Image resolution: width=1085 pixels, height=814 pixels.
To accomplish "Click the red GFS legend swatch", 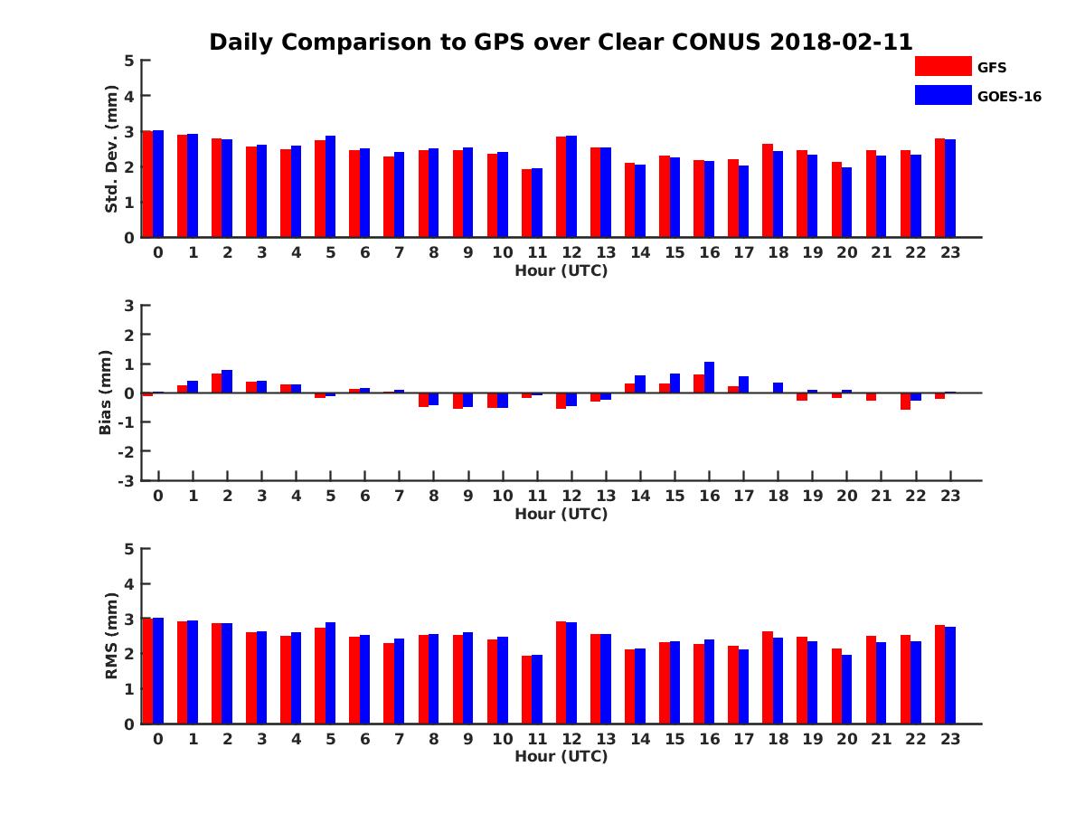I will [x=942, y=67].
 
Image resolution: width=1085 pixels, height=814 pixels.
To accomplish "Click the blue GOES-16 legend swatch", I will [x=942, y=95].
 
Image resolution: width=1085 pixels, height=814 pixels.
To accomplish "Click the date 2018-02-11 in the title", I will [x=841, y=43].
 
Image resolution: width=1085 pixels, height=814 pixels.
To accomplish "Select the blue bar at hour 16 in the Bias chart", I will [x=709, y=377].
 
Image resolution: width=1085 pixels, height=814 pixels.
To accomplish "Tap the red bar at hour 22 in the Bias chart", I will [x=905, y=401].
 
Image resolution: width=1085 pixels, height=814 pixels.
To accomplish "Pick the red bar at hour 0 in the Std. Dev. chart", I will [x=147, y=185].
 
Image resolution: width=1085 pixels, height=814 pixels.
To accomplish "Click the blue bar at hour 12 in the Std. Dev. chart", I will [x=571, y=186].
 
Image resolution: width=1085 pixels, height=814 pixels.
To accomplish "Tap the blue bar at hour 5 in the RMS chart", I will [x=330, y=673].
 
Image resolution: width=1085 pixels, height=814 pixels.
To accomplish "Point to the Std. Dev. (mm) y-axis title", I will [x=112, y=149].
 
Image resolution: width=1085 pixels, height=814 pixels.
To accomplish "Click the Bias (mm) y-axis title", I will [x=106, y=393].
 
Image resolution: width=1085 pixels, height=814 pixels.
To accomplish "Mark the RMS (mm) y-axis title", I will [x=112, y=636].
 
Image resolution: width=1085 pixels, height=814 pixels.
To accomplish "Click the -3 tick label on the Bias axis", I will [x=127, y=480].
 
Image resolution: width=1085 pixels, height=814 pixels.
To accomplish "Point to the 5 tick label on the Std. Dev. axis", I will [x=129, y=61].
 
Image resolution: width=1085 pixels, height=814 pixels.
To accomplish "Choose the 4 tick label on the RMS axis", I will [x=129, y=583].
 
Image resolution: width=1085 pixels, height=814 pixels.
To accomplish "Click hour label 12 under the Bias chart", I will [x=571, y=497].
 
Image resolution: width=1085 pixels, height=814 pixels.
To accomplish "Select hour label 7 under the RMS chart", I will [x=399, y=739].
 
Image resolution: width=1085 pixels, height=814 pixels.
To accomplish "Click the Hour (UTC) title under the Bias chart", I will [x=561, y=515].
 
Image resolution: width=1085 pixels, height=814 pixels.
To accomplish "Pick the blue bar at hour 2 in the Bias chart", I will [x=227, y=381].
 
